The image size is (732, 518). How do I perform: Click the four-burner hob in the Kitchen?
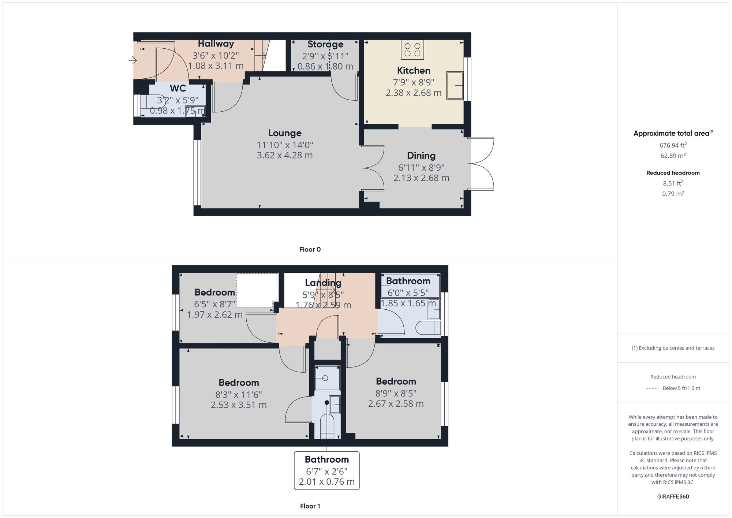[x=412, y=49]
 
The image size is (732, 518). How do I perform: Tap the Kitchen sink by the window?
[x=455, y=85]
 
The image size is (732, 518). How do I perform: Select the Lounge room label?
[x=285, y=133]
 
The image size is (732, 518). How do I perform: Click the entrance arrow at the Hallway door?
[x=132, y=60]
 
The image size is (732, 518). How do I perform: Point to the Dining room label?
[x=421, y=156]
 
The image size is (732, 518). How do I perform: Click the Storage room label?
[x=325, y=44]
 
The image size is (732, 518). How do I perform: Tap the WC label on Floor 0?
[x=178, y=88]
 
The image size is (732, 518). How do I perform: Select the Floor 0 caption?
[x=310, y=249]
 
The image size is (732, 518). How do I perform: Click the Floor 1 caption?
[x=310, y=506]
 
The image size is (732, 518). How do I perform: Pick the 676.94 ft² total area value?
[x=673, y=145]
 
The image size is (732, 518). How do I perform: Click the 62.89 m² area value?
[x=673, y=155]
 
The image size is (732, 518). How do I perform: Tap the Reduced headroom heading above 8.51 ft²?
[x=673, y=173]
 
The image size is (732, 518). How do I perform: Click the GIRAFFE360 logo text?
[x=673, y=496]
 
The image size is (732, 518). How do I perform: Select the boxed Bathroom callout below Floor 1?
[x=327, y=470]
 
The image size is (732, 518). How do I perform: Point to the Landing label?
[x=323, y=283]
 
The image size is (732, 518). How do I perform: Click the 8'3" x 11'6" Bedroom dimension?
[x=239, y=395]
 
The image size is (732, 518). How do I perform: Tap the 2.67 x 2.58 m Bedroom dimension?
[x=396, y=403]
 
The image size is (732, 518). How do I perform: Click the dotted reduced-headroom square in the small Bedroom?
[x=257, y=290]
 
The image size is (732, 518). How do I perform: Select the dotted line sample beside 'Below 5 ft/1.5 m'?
[x=652, y=388]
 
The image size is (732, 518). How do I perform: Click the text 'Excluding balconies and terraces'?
[x=676, y=348]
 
